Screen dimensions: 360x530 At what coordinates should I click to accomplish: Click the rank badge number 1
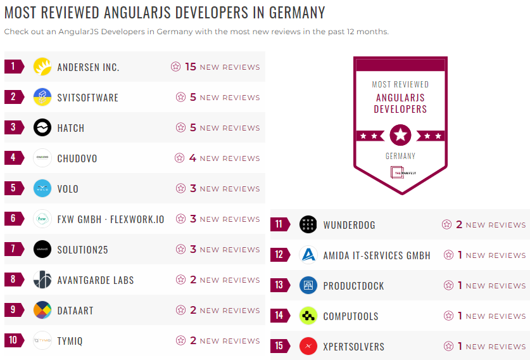coord(13,66)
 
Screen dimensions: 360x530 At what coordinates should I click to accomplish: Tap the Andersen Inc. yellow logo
coord(42,67)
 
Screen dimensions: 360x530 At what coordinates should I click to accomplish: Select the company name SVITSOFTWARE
coord(88,98)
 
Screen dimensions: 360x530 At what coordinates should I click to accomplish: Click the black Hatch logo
coord(42,127)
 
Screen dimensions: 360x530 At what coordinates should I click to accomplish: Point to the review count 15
coord(191,67)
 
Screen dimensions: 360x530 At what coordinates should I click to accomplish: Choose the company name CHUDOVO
coord(77,158)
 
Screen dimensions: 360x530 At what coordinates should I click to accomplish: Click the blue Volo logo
coord(42,188)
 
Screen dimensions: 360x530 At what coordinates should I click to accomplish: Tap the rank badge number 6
coord(13,219)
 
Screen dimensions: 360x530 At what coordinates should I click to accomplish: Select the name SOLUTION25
coord(83,250)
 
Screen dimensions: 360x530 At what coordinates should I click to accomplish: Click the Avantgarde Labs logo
coord(42,280)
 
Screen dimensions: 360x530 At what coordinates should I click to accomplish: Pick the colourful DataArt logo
coord(42,310)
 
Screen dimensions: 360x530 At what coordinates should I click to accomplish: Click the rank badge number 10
coord(13,340)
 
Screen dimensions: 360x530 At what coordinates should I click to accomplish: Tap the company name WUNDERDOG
coord(350,225)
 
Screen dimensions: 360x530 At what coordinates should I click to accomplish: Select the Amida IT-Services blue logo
coord(308,255)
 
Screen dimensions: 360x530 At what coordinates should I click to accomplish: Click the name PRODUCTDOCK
coord(353,286)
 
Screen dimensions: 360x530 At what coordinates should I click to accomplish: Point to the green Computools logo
coord(308,316)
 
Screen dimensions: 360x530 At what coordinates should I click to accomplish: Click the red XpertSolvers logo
coord(308,346)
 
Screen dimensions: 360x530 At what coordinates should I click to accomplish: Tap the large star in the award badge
coord(400,135)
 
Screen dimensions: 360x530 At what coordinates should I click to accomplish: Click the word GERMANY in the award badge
coord(400,156)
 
